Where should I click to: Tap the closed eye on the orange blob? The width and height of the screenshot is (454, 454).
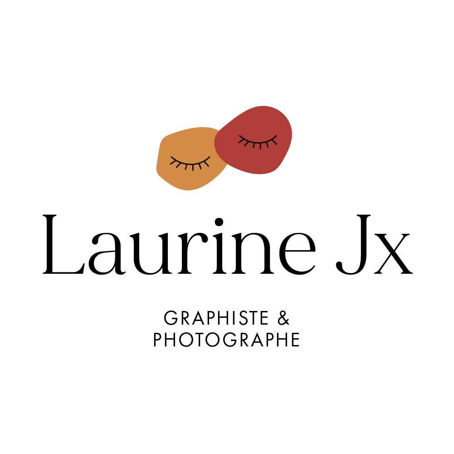tap(190, 163)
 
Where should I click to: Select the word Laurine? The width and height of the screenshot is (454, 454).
tap(179, 246)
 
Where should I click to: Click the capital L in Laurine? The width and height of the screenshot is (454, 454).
tap(63, 244)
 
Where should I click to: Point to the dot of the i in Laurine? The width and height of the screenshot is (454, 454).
tap(219, 222)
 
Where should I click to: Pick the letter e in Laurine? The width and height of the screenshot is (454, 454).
tap(298, 253)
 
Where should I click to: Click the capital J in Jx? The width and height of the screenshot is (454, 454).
tap(353, 244)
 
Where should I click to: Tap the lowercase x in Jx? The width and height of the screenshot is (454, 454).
tap(393, 254)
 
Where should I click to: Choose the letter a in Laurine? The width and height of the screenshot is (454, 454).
tap(107, 254)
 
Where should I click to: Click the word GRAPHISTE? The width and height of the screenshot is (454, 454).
tap(216, 318)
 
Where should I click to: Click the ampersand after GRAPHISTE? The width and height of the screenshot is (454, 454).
tap(283, 318)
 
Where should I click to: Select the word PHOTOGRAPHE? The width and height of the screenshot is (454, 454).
tap(226, 340)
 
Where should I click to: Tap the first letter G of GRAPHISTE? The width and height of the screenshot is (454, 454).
tap(171, 318)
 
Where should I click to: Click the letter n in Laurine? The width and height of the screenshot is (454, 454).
tap(253, 253)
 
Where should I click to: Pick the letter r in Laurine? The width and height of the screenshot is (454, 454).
tap(193, 253)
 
